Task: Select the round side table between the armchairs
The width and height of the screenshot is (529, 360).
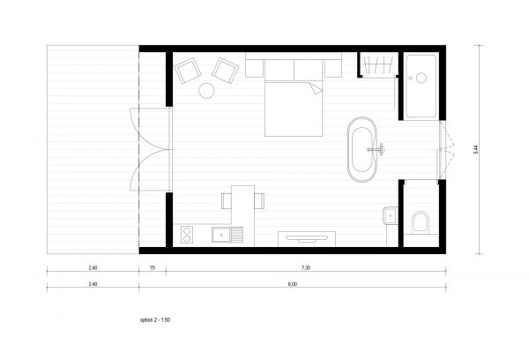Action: [x=207, y=89]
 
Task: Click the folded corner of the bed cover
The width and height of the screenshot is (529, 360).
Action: [x=313, y=89]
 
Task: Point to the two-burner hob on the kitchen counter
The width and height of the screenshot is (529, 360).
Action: [x=187, y=235]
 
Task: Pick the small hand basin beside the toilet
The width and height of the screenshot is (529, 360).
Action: [x=389, y=215]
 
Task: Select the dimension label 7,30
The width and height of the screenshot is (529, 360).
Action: [x=304, y=266]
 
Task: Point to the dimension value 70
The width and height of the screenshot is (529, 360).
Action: [x=153, y=266]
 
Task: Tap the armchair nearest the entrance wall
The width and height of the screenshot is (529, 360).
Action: [x=187, y=70]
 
